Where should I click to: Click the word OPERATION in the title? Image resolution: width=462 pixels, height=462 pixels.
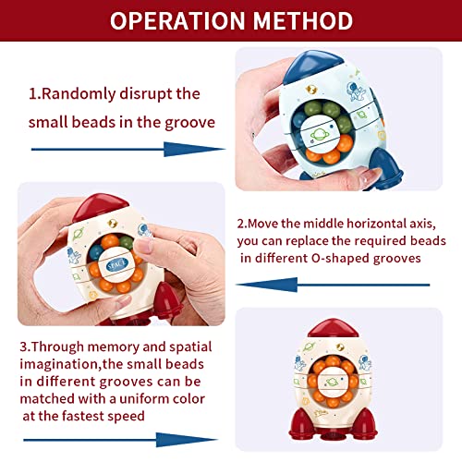click(x=177, y=21)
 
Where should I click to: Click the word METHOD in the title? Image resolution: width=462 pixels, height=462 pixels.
click(x=303, y=21)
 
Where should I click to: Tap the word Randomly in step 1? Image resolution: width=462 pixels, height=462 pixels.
click(x=79, y=94)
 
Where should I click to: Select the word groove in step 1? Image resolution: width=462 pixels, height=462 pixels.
click(x=190, y=123)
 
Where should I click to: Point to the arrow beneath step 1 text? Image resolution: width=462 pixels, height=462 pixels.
click(x=128, y=150)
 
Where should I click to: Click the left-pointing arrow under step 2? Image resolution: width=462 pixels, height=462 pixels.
click(x=333, y=285)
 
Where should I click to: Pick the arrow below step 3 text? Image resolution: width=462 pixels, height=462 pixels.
click(x=121, y=440)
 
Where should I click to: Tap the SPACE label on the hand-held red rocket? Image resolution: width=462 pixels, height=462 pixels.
click(x=116, y=264)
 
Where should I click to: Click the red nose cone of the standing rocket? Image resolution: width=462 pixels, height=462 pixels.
click(x=334, y=328)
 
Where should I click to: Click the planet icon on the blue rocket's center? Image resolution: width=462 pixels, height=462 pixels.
click(x=319, y=135)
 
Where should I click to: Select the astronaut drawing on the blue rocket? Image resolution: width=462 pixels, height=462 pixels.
click(x=356, y=91)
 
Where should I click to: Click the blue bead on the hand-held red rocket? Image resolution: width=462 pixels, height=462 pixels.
click(x=96, y=252)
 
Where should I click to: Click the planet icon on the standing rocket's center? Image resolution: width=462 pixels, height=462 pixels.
click(x=333, y=383)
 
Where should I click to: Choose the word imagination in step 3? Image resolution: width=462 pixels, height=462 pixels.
click(x=59, y=365)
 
